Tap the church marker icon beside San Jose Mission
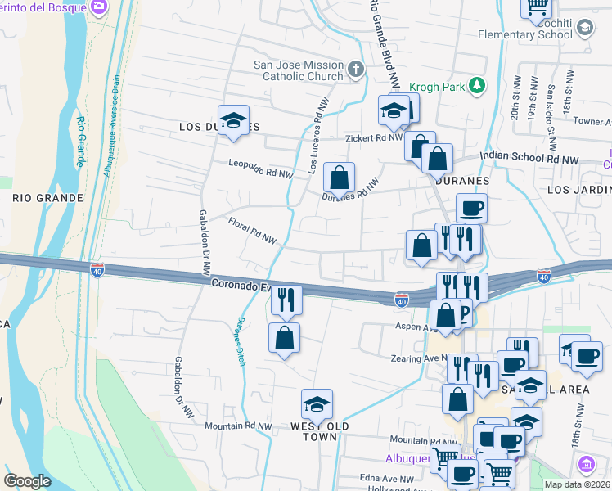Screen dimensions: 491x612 point(356,69)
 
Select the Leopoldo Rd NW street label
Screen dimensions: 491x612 point(260,169)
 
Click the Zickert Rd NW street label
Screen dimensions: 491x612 point(374,138)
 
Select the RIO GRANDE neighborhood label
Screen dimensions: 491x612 point(48,198)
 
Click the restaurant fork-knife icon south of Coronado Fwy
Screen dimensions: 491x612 point(286,300)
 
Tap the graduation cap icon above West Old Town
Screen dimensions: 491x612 point(317,404)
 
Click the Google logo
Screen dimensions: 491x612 point(28,481)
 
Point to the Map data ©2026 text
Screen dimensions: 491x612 point(578,484)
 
